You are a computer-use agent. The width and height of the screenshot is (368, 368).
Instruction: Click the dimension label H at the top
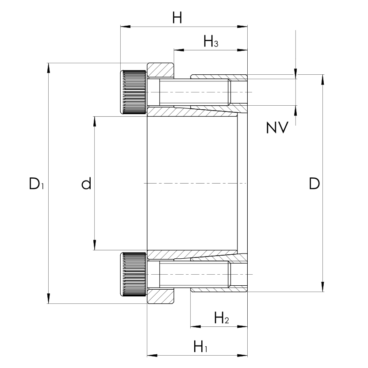click(177, 18)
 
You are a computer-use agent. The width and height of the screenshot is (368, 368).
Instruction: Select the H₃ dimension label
click(211, 42)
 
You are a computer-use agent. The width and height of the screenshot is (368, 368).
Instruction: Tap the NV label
click(277, 128)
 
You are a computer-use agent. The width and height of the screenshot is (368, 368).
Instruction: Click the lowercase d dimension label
click(86, 183)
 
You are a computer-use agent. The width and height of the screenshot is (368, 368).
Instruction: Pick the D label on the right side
click(314, 184)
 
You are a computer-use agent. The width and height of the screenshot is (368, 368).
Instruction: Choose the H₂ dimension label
click(221, 318)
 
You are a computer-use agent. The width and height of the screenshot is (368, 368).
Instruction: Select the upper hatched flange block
click(160, 70)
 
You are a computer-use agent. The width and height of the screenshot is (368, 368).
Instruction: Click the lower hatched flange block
click(160, 296)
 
